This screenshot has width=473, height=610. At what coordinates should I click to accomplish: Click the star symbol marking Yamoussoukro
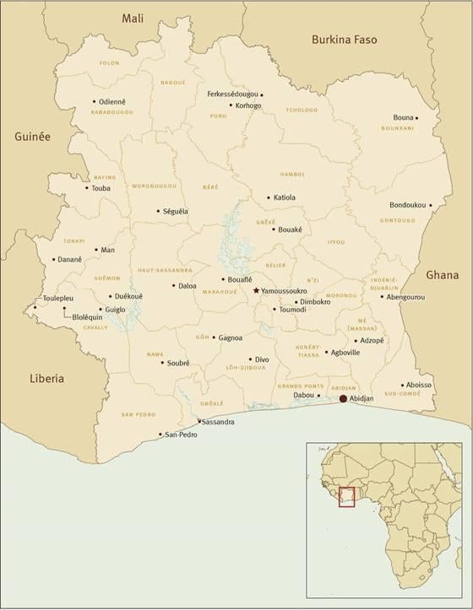(257, 290)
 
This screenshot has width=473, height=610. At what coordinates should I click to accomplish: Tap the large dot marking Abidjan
(343, 398)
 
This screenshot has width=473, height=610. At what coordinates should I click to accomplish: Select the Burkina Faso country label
(344, 40)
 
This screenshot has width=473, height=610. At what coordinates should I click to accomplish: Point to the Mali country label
(133, 18)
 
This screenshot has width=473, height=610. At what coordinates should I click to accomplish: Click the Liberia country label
(46, 379)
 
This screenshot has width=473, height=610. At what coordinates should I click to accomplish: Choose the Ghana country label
(443, 275)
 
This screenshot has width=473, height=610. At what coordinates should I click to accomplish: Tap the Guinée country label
(32, 136)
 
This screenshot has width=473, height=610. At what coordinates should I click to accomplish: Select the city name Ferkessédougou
(232, 94)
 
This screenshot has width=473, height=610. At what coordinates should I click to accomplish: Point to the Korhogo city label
(248, 106)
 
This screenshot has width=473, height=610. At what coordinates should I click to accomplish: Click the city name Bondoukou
(407, 205)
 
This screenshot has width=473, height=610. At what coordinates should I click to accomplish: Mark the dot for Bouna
(440, 117)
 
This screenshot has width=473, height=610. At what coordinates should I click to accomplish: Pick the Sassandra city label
(218, 421)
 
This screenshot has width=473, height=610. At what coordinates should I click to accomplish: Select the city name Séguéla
(176, 211)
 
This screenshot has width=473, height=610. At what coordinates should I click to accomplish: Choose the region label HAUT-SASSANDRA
(165, 271)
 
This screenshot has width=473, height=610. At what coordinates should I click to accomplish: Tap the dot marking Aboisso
(405, 383)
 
